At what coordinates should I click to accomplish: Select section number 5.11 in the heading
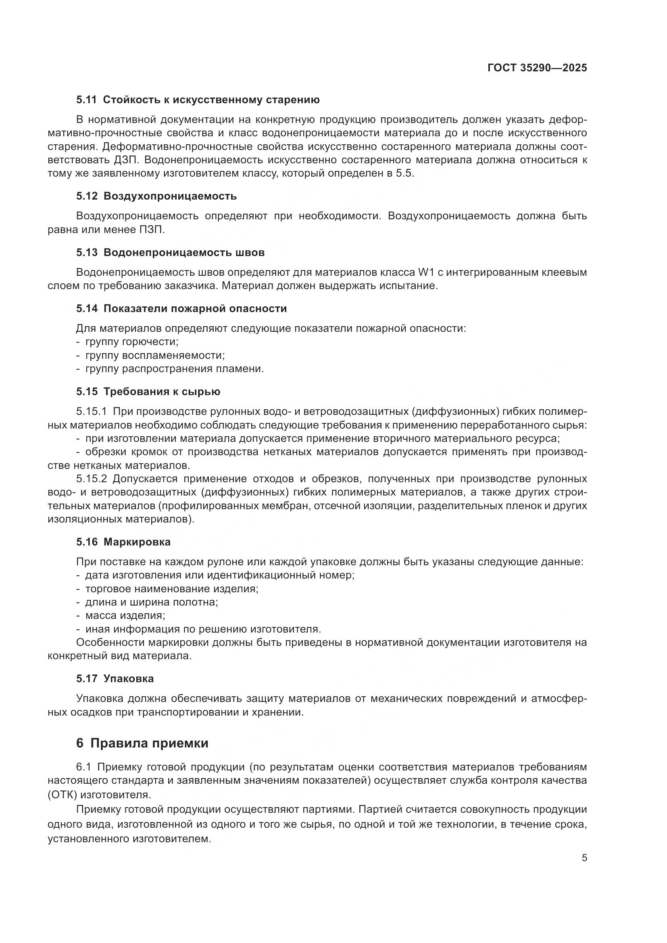point(86,100)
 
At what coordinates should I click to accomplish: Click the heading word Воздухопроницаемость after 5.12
point(170,196)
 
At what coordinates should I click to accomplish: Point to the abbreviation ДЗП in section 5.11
point(120,160)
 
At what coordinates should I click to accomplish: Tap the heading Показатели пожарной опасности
point(195,308)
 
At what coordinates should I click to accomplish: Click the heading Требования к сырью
point(162,391)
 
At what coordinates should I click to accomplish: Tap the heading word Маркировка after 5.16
point(137,542)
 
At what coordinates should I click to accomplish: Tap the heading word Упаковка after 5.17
point(129,679)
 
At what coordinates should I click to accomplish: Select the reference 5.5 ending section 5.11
point(404,173)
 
